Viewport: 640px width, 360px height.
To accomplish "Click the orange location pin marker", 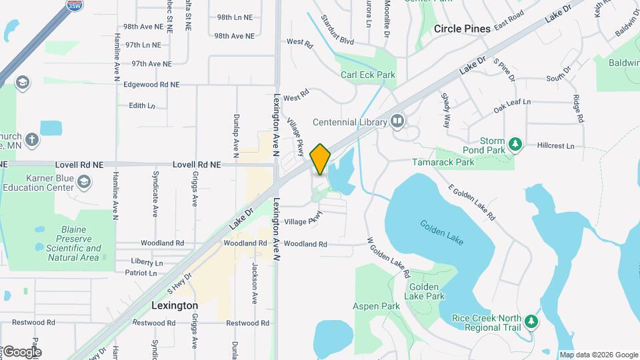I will (320, 159).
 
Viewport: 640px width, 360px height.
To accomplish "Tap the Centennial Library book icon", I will (397, 121).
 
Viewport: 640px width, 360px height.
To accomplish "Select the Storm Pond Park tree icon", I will (515, 144).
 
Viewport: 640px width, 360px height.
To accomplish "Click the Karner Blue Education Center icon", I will (84, 181).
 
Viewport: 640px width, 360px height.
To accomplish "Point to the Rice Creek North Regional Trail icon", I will (531, 322).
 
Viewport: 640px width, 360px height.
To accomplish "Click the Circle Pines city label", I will (471, 29).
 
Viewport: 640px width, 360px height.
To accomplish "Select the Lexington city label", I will (174, 305).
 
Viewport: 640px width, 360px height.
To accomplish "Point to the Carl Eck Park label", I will (368, 75).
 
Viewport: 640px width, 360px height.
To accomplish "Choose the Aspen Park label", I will (376, 307).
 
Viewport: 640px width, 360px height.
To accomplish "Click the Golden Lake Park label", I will (425, 291).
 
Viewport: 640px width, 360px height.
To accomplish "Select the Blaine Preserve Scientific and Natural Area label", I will (73, 243).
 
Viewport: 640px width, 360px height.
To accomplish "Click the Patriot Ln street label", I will (141, 273).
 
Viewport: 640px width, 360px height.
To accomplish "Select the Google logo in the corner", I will (21, 351).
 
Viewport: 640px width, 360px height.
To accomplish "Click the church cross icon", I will (31, 141).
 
